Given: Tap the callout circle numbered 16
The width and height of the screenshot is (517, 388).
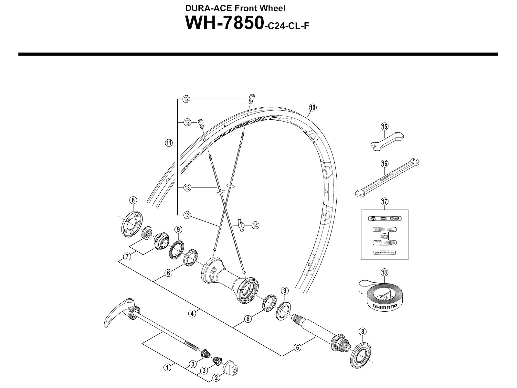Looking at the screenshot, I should [384, 164].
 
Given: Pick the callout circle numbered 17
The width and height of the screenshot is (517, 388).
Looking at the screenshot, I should [384, 201].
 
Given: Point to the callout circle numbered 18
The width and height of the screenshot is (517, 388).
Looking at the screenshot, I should [384, 272].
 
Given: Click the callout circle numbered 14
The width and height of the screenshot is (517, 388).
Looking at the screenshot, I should [255, 225].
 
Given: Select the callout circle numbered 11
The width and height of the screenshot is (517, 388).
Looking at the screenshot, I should [168, 143].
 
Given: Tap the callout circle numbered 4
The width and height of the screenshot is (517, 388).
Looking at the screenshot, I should [192, 313].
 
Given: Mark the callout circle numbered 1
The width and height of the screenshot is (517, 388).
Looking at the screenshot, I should [167, 367].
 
